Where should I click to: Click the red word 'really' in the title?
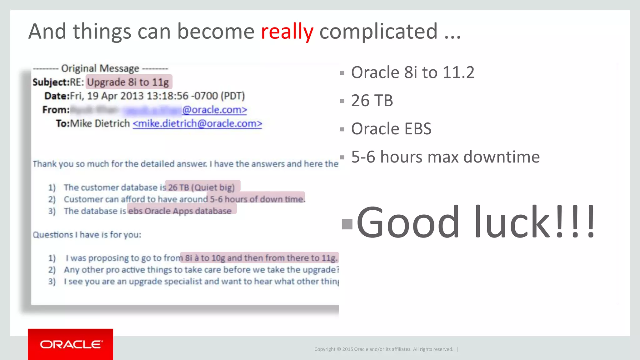tap(287, 32)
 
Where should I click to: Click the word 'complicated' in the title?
tap(378, 32)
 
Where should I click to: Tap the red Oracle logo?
tap(71, 344)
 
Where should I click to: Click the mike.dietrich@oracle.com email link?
tap(197, 124)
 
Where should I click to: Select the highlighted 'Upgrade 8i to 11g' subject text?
tap(128, 82)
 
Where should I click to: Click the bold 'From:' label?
tap(56, 110)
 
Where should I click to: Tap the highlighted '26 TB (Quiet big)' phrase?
tap(202, 187)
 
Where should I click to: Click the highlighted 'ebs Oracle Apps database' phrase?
tap(181, 211)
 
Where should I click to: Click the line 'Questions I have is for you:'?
tap(87, 235)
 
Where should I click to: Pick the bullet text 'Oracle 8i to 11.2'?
tap(412, 72)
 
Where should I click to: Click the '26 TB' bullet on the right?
tap(372, 101)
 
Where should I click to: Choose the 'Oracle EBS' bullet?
tap(391, 129)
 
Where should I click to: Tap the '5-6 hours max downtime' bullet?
tap(445, 157)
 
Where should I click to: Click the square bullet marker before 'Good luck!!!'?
tap(347, 224)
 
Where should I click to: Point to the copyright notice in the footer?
tap(383, 349)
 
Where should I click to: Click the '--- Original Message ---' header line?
tap(100, 68)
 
